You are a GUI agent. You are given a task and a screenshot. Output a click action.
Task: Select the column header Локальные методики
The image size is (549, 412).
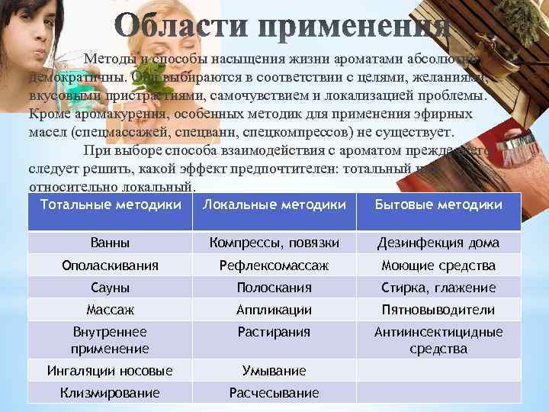click(x=274, y=204)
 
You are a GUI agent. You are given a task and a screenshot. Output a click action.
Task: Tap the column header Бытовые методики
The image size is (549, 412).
click(x=438, y=204)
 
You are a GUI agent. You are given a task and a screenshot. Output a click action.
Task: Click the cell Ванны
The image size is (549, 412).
click(x=110, y=243)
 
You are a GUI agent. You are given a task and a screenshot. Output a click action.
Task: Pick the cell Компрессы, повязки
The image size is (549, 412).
click(x=274, y=243)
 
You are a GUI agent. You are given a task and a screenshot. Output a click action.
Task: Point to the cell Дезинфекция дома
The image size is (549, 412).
click(x=438, y=243)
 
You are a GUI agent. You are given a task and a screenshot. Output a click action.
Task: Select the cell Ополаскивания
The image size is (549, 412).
click(x=110, y=266)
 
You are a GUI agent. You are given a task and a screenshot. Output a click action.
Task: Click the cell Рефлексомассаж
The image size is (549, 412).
click(x=274, y=266)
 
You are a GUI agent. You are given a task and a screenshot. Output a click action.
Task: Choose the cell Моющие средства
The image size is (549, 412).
click(x=438, y=266)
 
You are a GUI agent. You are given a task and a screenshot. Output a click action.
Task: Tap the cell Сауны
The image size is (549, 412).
click(x=110, y=288)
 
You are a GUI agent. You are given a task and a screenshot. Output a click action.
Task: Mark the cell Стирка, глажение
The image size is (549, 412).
click(x=438, y=288)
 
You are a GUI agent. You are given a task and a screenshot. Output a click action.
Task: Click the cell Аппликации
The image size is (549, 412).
click(x=274, y=310)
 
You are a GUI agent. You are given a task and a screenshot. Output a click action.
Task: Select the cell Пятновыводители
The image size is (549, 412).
click(x=438, y=310)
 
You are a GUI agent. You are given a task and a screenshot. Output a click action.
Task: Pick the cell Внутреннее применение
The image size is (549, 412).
click(x=110, y=340)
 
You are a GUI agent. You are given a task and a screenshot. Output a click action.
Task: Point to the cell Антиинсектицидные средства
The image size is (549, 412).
click(x=438, y=340)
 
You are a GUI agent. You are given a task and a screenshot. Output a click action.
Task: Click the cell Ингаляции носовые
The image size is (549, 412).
click(x=110, y=371)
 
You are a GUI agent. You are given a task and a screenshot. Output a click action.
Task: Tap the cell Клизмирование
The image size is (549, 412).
click(x=110, y=393)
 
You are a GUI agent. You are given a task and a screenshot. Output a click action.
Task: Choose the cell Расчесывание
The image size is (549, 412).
click(x=274, y=393)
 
